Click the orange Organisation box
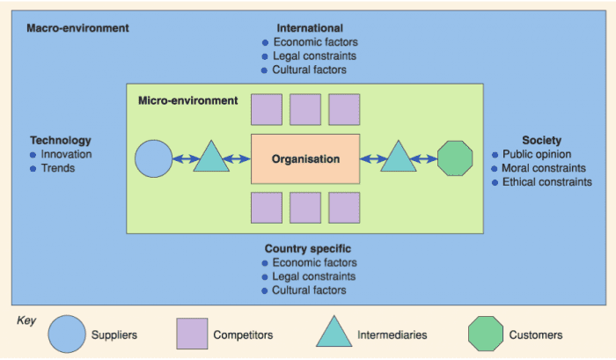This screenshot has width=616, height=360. [305, 159]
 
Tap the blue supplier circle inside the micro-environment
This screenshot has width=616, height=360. [154, 159]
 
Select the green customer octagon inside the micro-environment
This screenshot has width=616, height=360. [455, 159]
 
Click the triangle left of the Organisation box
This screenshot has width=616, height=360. [211, 158]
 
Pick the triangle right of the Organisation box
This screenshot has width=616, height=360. [398, 158]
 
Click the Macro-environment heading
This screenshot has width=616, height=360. [77, 28]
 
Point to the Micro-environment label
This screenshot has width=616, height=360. [188, 101]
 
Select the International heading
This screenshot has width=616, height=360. [310, 28]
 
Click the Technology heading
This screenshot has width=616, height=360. [60, 140]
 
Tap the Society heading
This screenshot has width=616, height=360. [541, 140]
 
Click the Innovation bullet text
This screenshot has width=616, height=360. [66, 154]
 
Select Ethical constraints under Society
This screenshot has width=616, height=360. [546, 182]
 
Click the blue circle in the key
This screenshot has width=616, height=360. [66, 334]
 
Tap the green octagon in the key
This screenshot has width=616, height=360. [485, 334]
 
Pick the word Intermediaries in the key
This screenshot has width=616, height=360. [392, 335]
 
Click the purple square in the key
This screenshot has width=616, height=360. [192, 334]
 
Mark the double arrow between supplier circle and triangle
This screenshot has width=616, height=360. [183, 159]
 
